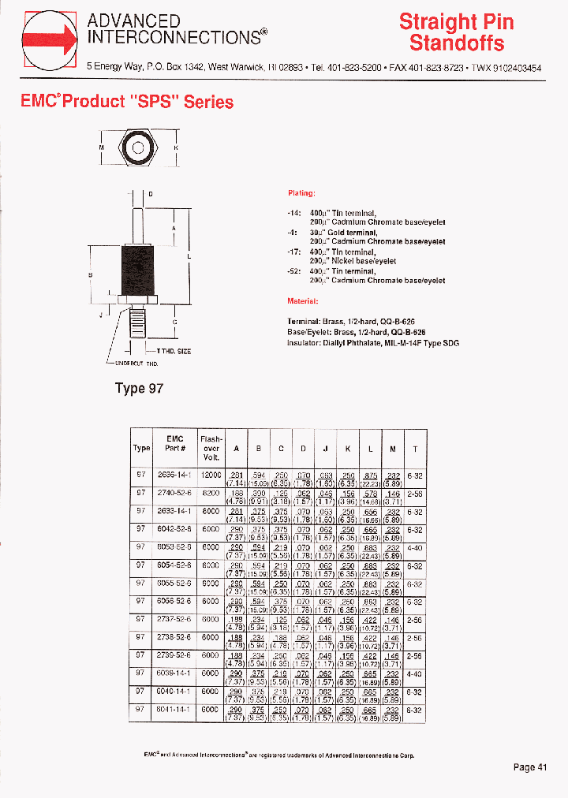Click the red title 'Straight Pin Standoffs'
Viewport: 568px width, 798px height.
click(456, 32)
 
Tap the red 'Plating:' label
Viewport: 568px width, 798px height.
click(301, 193)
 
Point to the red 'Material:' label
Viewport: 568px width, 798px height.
click(303, 301)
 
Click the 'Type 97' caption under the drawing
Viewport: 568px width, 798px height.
click(139, 388)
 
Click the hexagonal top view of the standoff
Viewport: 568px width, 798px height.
click(138, 147)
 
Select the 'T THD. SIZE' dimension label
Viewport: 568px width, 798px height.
click(173, 351)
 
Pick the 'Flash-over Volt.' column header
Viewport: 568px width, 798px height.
click(211, 448)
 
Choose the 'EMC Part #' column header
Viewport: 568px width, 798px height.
click(174, 443)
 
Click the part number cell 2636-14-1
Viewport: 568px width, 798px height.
click(174, 475)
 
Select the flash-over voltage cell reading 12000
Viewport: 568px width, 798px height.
click(211, 475)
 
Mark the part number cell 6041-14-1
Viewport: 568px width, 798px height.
click(174, 710)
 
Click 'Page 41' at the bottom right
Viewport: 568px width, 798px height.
click(530, 767)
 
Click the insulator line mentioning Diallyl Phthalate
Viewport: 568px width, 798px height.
click(373, 343)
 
